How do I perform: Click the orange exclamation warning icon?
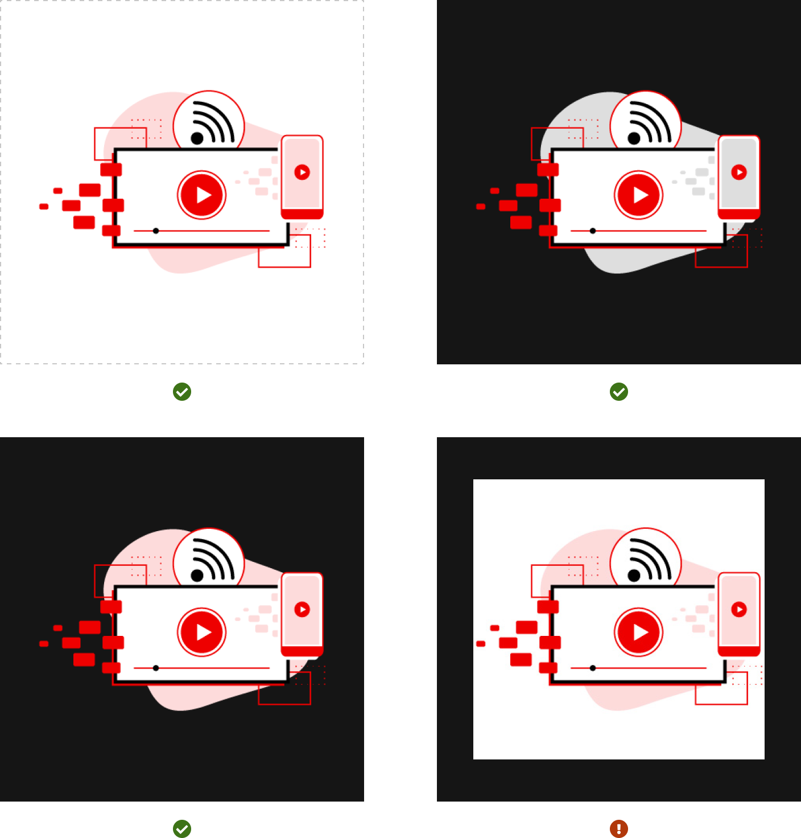(619, 828)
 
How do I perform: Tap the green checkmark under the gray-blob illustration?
(619, 392)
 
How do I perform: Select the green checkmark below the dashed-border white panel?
(182, 392)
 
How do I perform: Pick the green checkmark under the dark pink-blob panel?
(182, 828)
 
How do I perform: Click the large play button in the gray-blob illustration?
(639, 195)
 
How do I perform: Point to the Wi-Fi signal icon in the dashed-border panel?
(212, 123)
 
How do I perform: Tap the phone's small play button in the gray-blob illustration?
(739, 172)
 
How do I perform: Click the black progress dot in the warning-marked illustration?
(593, 668)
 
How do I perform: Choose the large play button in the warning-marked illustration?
(639, 632)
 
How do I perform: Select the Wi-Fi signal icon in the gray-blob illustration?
(649, 123)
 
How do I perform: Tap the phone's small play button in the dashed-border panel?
(302, 172)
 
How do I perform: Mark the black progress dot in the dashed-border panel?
(156, 231)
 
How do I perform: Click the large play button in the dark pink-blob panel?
(202, 632)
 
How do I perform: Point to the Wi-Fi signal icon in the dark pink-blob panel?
(212, 560)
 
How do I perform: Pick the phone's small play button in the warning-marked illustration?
(739, 609)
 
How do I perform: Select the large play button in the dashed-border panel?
(202, 195)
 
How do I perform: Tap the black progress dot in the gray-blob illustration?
(593, 231)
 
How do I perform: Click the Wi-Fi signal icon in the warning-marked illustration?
(649, 560)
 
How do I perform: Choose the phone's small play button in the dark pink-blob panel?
(302, 609)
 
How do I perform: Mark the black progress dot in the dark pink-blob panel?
(156, 668)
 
